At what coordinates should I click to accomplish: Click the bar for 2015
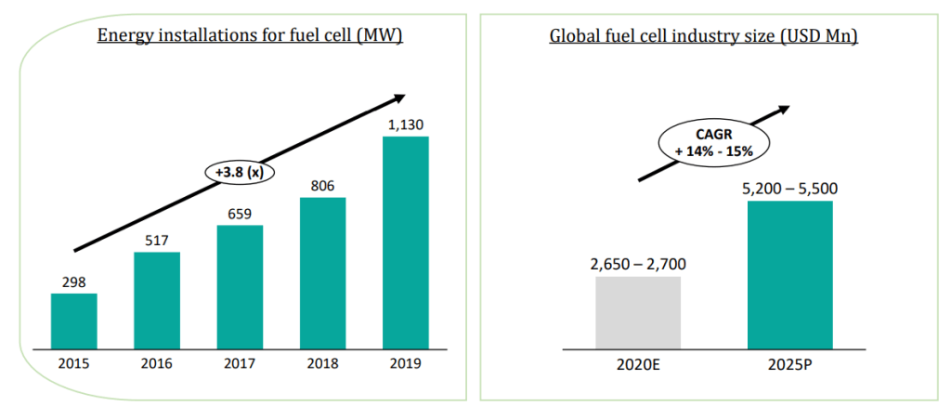pyautogui.click(x=73, y=321)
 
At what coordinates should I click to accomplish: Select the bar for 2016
pyautogui.click(x=157, y=299)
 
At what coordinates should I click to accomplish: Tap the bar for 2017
pyautogui.click(x=240, y=286)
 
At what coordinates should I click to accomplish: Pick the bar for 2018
pyautogui.click(x=322, y=272)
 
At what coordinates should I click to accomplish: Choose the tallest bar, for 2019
pyautogui.click(x=406, y=242)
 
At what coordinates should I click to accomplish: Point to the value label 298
pyautogui.click(x=73, y=281)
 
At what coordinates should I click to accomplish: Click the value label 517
pyautogui.click(x=157, y=239)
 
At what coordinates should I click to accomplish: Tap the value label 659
pyautogui.click(x=240, y=212)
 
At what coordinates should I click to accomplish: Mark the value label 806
pyautogui.click(x=322, y=184)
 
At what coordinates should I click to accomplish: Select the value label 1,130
pyautogui.click(x=406, y=124)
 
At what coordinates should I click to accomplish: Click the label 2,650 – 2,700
pyautogui.click(x=637, y=263)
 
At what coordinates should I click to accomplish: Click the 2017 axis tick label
pyautogui.click(x=240, y=363)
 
